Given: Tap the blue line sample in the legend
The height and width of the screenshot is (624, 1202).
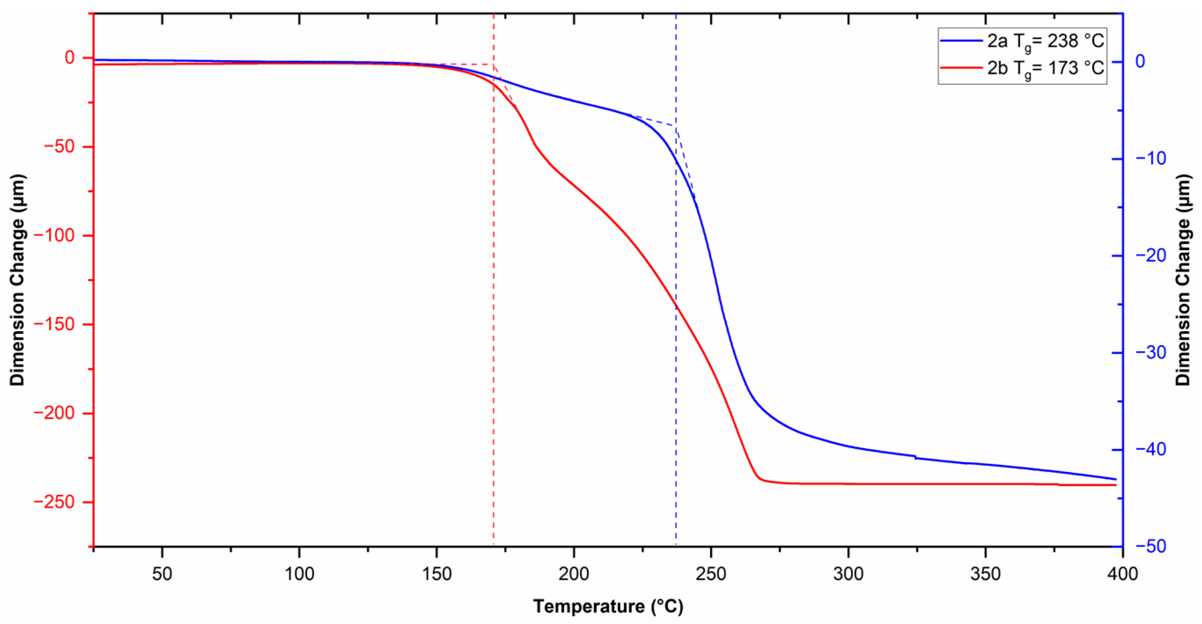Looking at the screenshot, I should coord(961,41).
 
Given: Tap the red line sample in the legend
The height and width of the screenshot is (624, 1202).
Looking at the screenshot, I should coord(961,68).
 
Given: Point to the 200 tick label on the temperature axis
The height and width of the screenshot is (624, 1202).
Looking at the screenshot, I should coord(573,573).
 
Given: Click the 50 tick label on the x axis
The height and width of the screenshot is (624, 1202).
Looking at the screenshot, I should coord(162,573).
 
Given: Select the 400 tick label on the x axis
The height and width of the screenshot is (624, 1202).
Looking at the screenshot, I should coord(1122,573).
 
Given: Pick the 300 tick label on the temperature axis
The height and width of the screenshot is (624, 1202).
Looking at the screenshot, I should coord(848,573).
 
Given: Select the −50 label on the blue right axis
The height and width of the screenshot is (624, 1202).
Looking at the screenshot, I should coord(1151,546).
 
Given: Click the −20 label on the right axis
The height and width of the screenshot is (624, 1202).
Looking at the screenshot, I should coord(1151,255).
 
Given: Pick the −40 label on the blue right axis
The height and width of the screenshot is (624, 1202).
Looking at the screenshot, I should coord(1151,449).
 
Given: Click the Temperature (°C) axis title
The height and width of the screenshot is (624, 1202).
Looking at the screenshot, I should coord(608,606).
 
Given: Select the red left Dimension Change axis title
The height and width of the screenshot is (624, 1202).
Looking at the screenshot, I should coord(17,280).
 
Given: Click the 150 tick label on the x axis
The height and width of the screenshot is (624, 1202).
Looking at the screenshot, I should coord(436,573).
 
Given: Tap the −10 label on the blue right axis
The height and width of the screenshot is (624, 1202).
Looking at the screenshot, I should coord(1151,158).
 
